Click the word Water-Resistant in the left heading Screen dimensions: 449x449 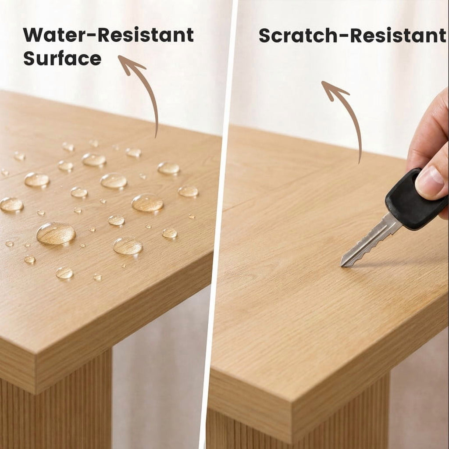(x=108, y=35)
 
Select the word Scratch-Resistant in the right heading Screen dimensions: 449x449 (x=352, y=36)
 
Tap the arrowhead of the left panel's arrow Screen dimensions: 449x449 (x=130, y=64)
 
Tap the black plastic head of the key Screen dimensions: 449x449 (x=415, y=200)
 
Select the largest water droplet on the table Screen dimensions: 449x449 (x=56, y=233)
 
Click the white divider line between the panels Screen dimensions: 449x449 (x=219, y=224)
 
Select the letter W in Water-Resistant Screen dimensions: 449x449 (x=36, y=35)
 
